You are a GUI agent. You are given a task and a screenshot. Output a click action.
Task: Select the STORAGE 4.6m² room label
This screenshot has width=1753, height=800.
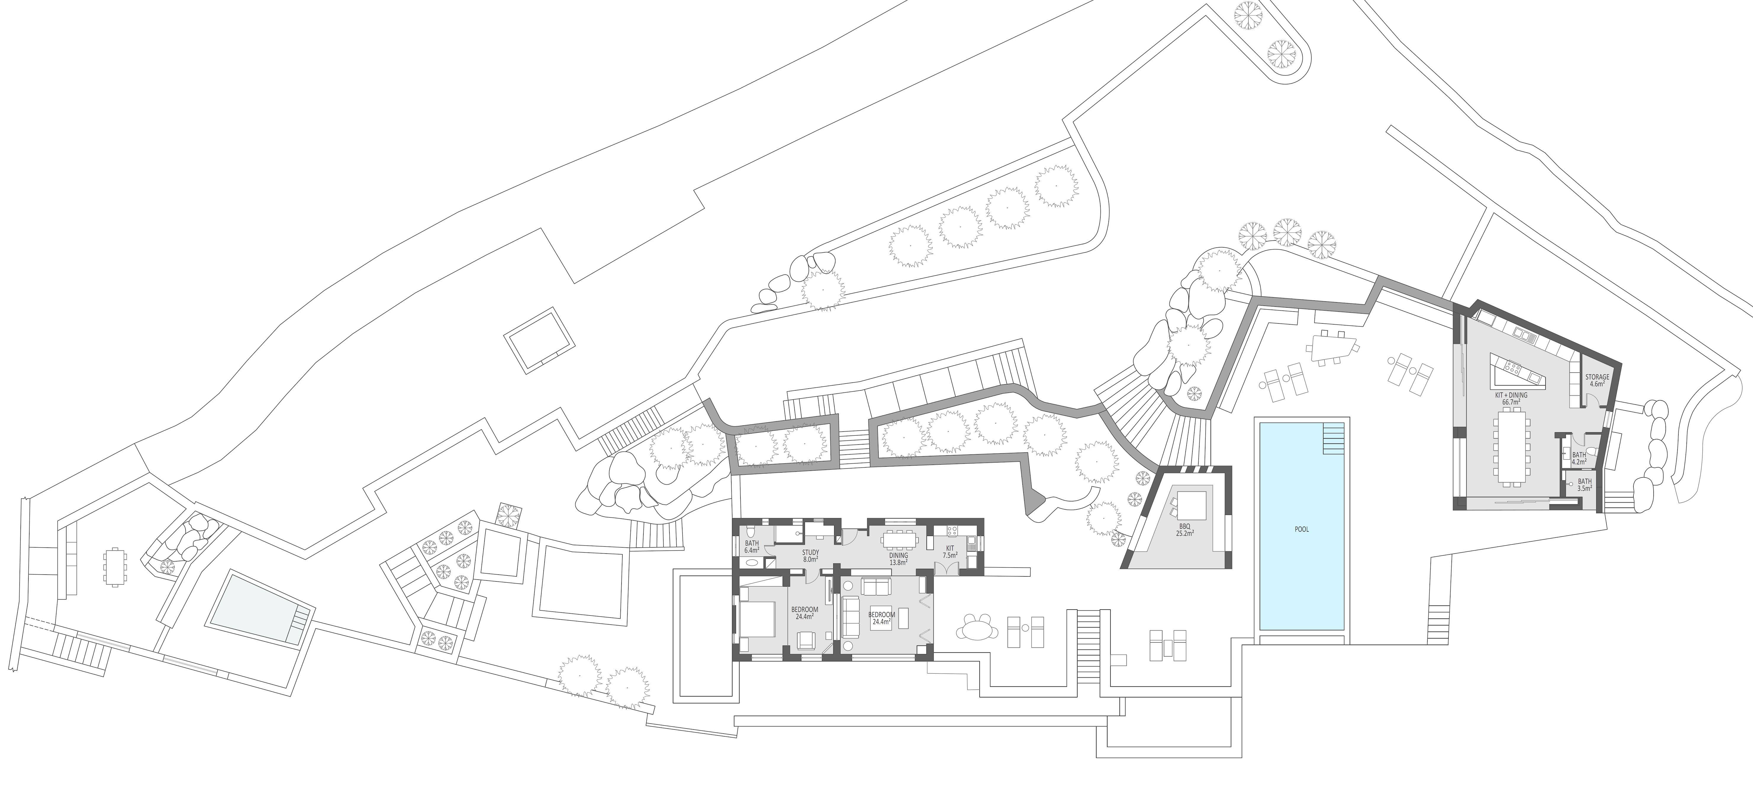pyautogui.click(x=1597, y=380)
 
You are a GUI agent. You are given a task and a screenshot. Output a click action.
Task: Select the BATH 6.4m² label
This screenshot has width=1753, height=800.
pyautogui.click(x=752, y=547)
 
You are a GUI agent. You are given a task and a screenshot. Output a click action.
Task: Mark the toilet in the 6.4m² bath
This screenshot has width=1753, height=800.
pyautogui.click(x=749, y=530)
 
